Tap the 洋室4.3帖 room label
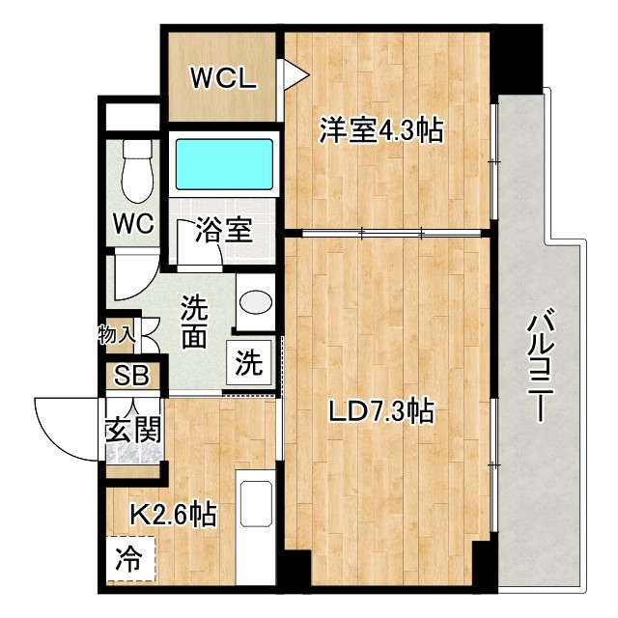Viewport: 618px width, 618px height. pyautogui.click(x=381, y=130)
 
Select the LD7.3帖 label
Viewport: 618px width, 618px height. pyautogui.click(x=379, y=413)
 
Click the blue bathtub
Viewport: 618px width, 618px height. pyautogui.click(x=223, y=163)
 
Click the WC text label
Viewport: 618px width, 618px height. pyautogui.click(x=133, y=224)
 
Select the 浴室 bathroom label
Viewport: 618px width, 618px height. pyautogui.click(x=223, y=231)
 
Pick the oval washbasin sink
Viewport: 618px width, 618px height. pyautogui.click(x=256, y=302)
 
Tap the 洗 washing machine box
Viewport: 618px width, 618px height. pyautogui.click(x=248, y=364)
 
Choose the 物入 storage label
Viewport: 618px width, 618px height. pyautogui.click(x=116, y=336)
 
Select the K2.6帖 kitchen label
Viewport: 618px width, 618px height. pyautogui.click(x=173, y=514)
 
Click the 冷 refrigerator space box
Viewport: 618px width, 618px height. pyautogui.click(x=127, y=559)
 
